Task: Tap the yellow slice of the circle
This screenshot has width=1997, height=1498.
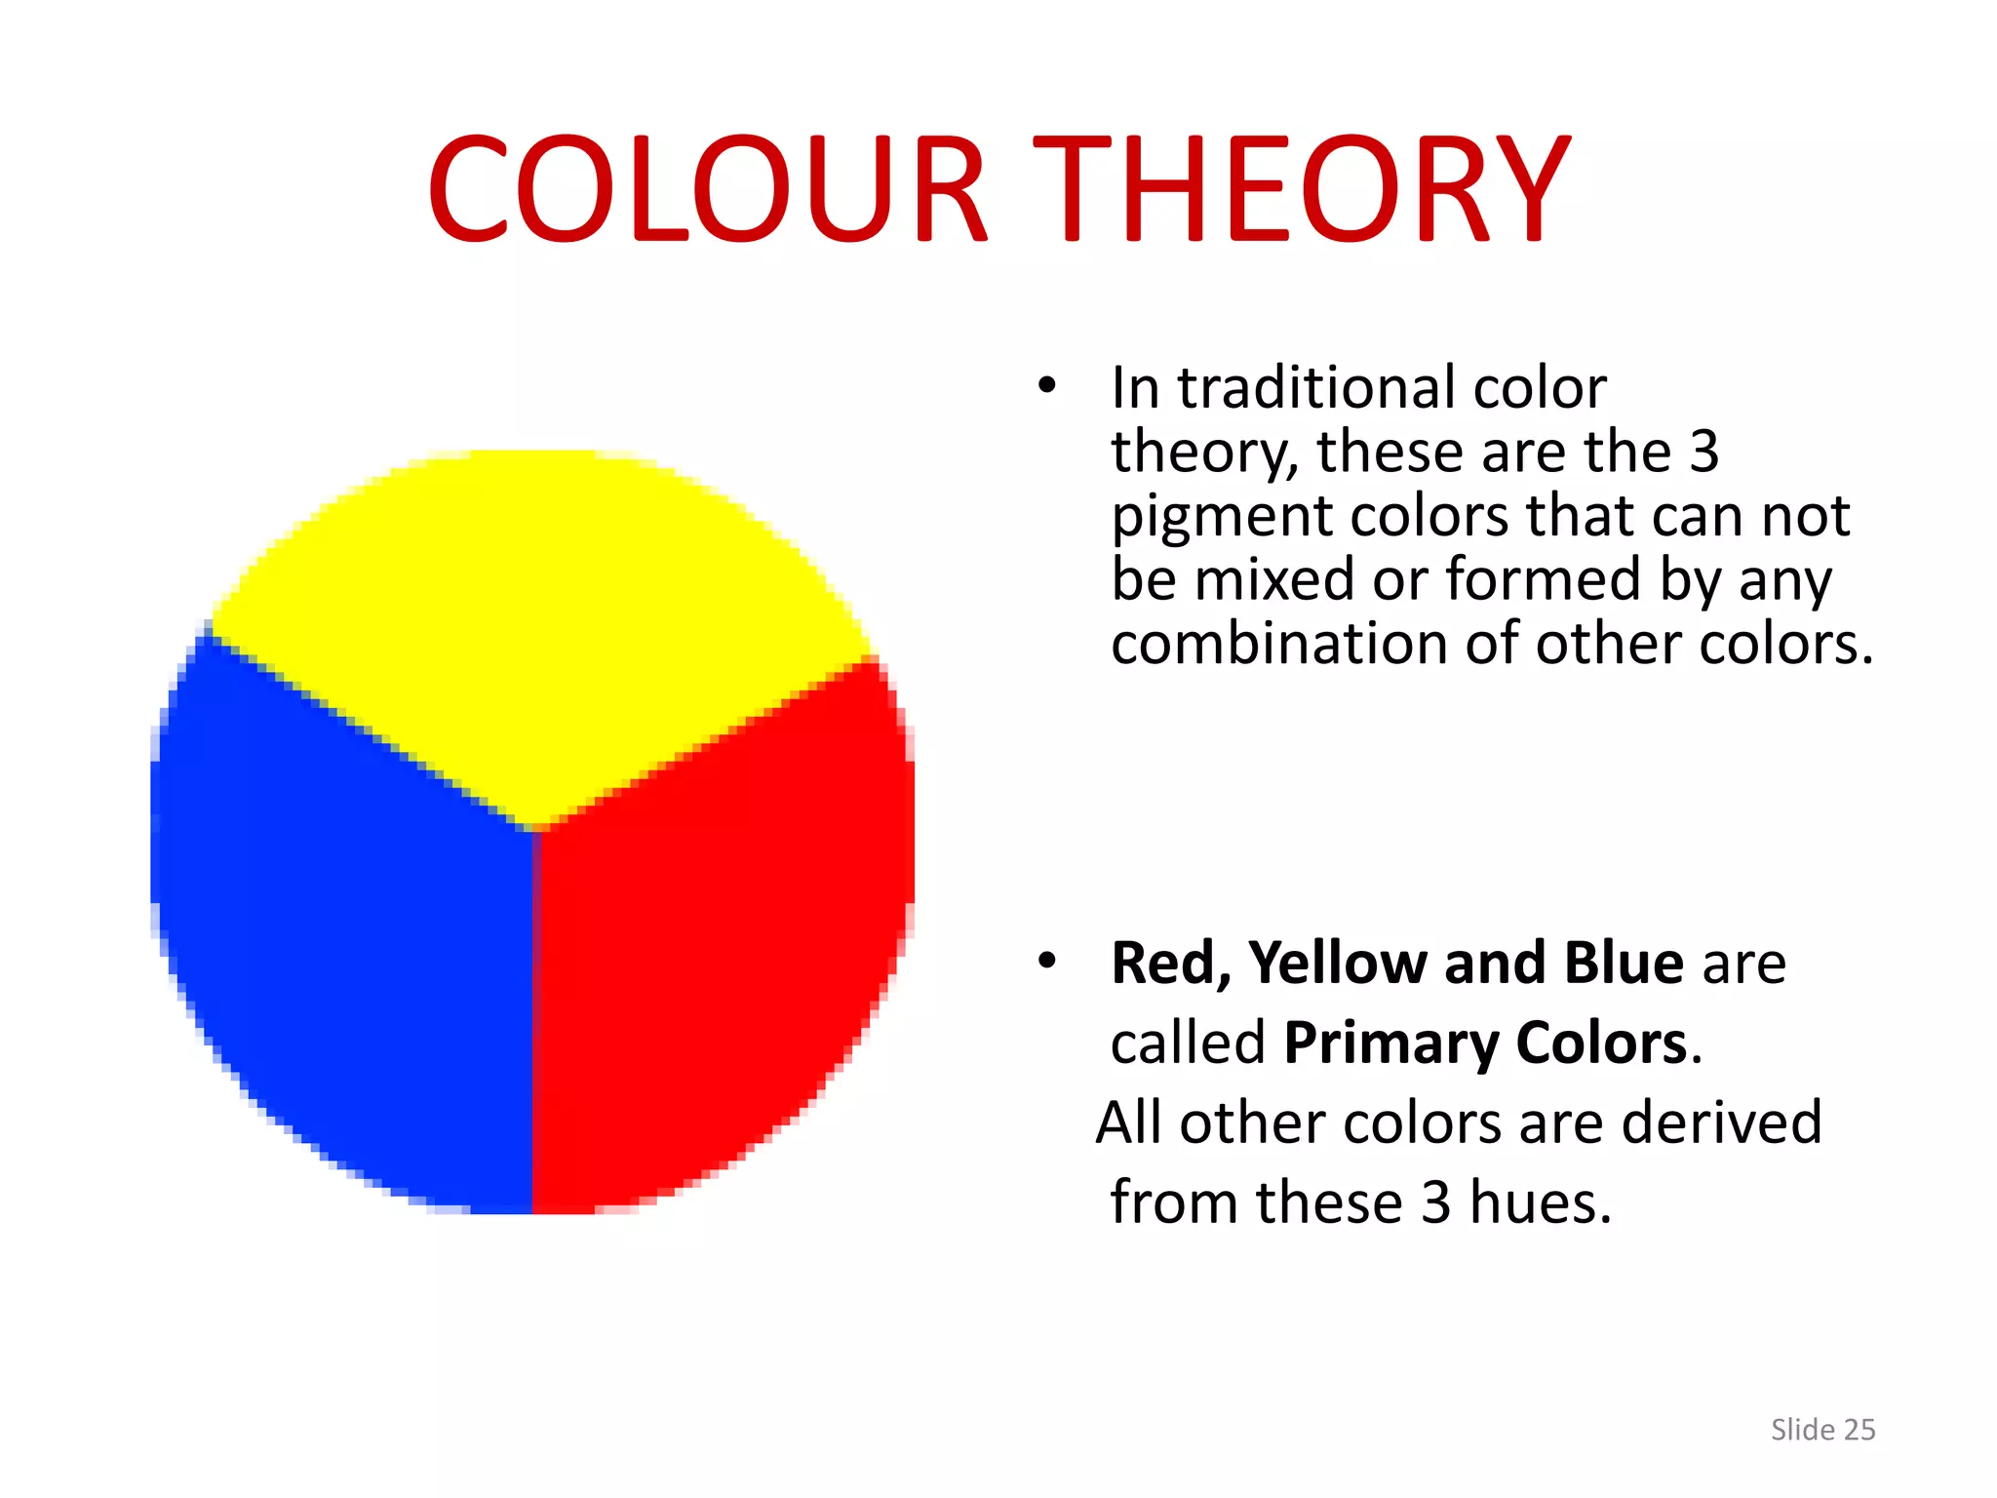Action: pos(536,624)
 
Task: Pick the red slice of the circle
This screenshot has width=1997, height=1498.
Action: pos(722,936)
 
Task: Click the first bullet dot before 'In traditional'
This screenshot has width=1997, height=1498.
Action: pos(1047,386)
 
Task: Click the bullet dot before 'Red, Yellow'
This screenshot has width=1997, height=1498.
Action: pos(1047,961)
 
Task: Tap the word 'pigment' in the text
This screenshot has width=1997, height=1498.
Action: pos(1221,517)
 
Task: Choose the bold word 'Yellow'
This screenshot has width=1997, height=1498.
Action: pos(1338,964)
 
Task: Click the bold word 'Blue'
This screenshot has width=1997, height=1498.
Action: pos(1624,964)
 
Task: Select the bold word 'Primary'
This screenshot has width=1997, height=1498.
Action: pos(1390,1044)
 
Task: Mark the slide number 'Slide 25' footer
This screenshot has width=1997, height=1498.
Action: pos(1822,1430)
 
